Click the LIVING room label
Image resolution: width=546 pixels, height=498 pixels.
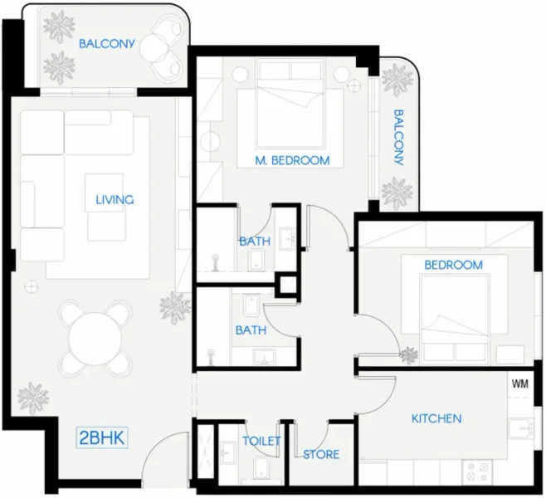[115, 199]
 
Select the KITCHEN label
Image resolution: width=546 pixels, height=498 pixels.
[436, 418]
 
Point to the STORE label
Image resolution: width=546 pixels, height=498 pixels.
[320, 455]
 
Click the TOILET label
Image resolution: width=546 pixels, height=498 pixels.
[261, 441]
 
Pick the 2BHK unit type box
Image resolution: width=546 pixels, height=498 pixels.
[102, 437]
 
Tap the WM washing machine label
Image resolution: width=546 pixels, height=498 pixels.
[520, 384]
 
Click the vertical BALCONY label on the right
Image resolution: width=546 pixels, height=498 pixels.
[399, 137]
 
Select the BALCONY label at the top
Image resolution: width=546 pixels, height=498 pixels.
[106, 43]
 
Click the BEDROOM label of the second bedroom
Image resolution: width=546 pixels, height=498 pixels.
[453, 265]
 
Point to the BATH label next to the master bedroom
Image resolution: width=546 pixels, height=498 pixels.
[254, 242]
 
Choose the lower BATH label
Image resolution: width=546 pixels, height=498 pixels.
[250, 330]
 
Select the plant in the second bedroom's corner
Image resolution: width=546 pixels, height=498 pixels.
[409, 356]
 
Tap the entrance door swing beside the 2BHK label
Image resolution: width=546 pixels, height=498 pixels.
[166, 461]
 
